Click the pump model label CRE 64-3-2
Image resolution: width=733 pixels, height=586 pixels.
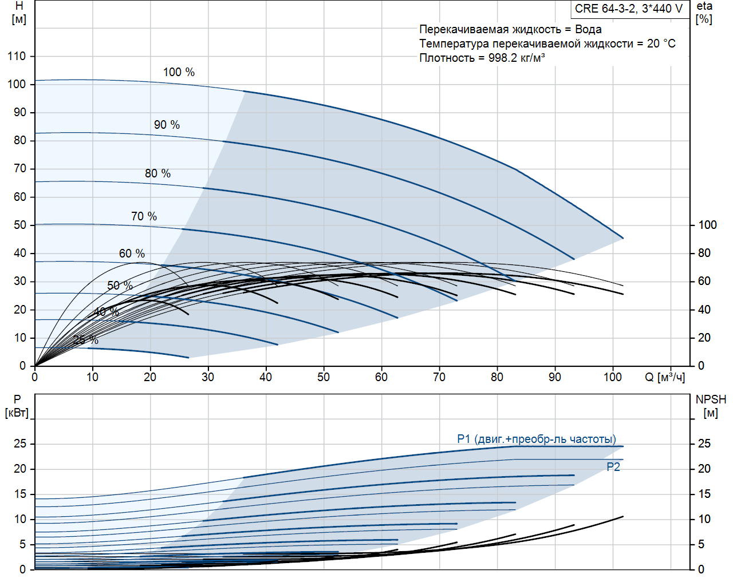pyautogui.click(x=629, y=9)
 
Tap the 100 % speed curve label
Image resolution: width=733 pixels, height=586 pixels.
pyautogui.click(x=179, y=72)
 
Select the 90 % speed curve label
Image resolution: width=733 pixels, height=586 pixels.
pyautogui.click(x=167, y=125)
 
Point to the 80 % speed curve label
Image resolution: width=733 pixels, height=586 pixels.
pyautogui.click(x=157, y=173)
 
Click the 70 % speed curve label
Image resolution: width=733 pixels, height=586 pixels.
pyautogui.click(x=144, y=216)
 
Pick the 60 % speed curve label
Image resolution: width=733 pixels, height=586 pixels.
pyautogui.click(x=132, y=254)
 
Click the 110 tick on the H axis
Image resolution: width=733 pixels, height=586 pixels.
pyautogui.click(x=17, y=56)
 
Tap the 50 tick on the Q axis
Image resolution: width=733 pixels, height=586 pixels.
pyautogui.click(x=324, y=377)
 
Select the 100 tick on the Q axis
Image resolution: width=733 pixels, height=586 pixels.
pyautogui.click(x=612, y=377)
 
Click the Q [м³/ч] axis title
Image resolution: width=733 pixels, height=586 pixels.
pyautogui.click(x=664, y=377)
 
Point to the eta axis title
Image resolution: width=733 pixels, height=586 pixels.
pyautogui.click(x=704, y=6)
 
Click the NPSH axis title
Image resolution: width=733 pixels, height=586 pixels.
pyautogui.click(x=711, y=399)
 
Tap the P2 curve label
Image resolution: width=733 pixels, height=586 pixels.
pyautogui.click(x=613, y=467)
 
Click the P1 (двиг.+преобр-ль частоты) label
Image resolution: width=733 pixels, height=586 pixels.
pyautogui.click(x=536, y=439)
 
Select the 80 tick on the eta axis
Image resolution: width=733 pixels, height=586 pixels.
pyautogui.click(x=704, y=253)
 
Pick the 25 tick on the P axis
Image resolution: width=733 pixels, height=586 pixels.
pyautogui.click(x=20, y=444)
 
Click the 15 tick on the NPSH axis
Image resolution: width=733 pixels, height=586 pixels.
pyautogui.click(x=704, y=494)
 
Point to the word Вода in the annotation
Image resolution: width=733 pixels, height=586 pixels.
pyautogui.click(x=588, y=29)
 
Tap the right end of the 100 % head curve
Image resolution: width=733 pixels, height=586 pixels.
pyautogui.click(x=623, y=238)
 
